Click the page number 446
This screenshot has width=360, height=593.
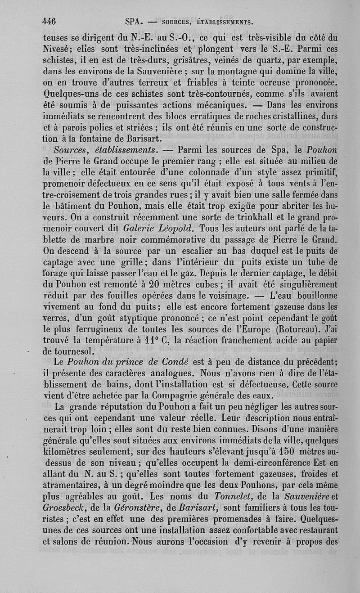48,21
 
